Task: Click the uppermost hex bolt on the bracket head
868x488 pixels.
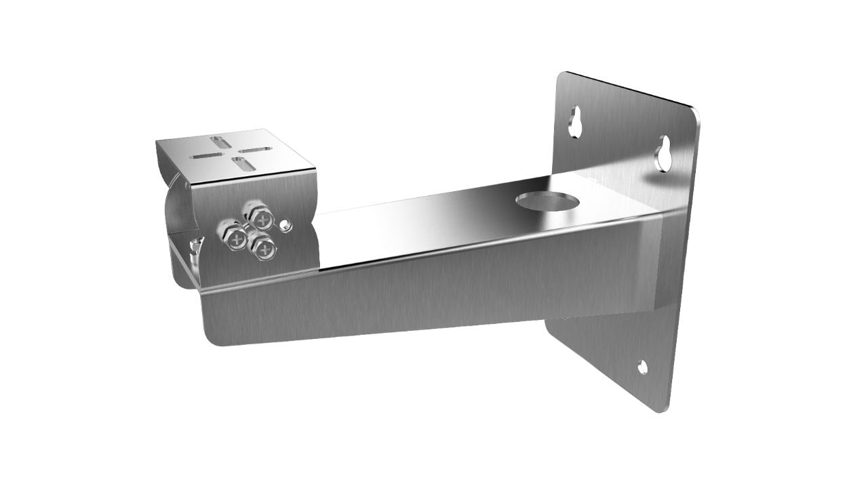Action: pos(258,217)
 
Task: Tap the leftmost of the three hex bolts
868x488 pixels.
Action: pos(235,237)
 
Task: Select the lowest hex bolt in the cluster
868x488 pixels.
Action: pos(263,248)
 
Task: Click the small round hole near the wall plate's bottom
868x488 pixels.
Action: pos(642,367)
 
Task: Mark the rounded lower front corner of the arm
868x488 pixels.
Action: pos(211,338)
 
